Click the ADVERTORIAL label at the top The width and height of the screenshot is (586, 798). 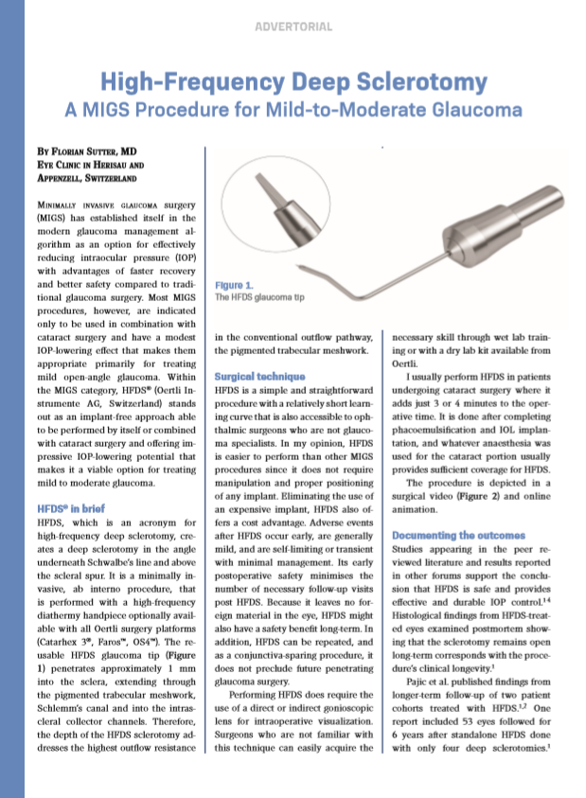click(x=293, y=27)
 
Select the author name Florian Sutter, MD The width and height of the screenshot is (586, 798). click(x=93, y=150)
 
